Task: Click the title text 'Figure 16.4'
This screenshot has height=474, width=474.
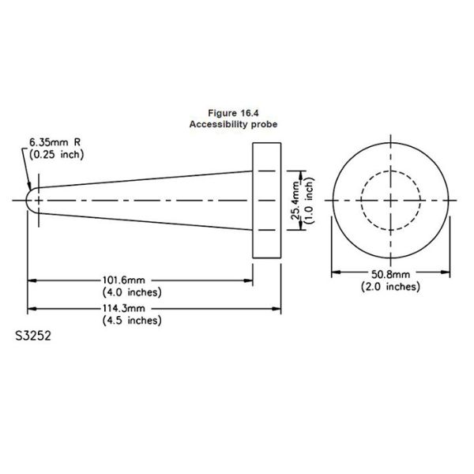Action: tap(232, 114)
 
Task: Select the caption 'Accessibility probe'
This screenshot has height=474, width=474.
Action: tap(232, 125)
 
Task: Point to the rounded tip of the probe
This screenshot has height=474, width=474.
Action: tap(31, 201)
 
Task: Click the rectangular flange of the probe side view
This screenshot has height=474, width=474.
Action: tap(267, 201)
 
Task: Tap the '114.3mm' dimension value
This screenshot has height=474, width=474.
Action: tap(126, 308)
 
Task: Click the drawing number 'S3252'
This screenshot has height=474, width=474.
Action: tap(34, 335)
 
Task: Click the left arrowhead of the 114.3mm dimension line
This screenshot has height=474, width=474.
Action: tap(32, 308)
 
